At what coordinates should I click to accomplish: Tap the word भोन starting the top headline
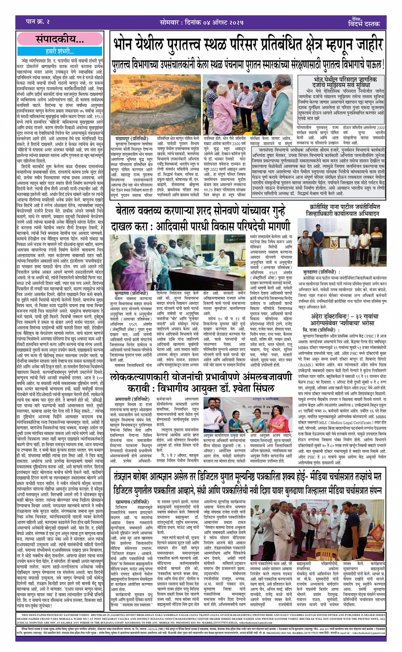coord(124,45)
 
